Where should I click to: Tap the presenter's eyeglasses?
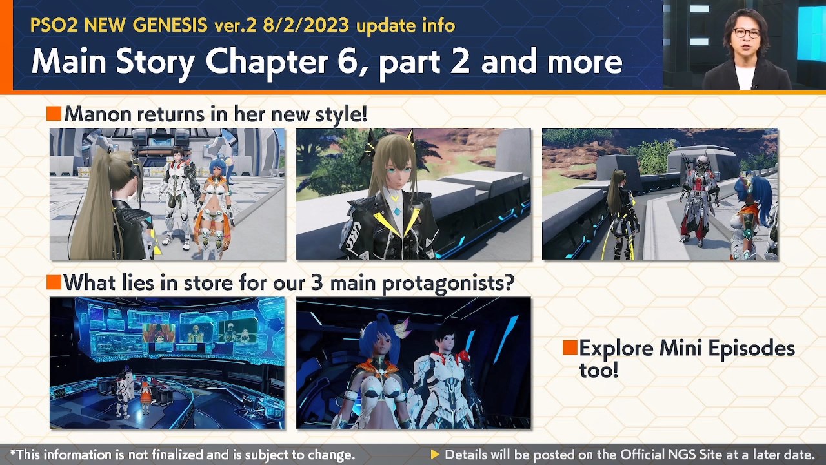pyautogui.click(x=745, y=33)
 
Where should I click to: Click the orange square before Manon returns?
pyautogui.click(x=54, y=114)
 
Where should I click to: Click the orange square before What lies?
pyautogui.click(x=54, y=282)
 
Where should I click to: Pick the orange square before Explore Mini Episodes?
pyautogui.click(x=570, y=348)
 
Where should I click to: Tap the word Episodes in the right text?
pyautogui.click(x=751, y=349)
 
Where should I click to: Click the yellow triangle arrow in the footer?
pyautogui.click(x=435, y=455)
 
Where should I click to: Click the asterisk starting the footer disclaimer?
pyautogui.click(x=12, y=453)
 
